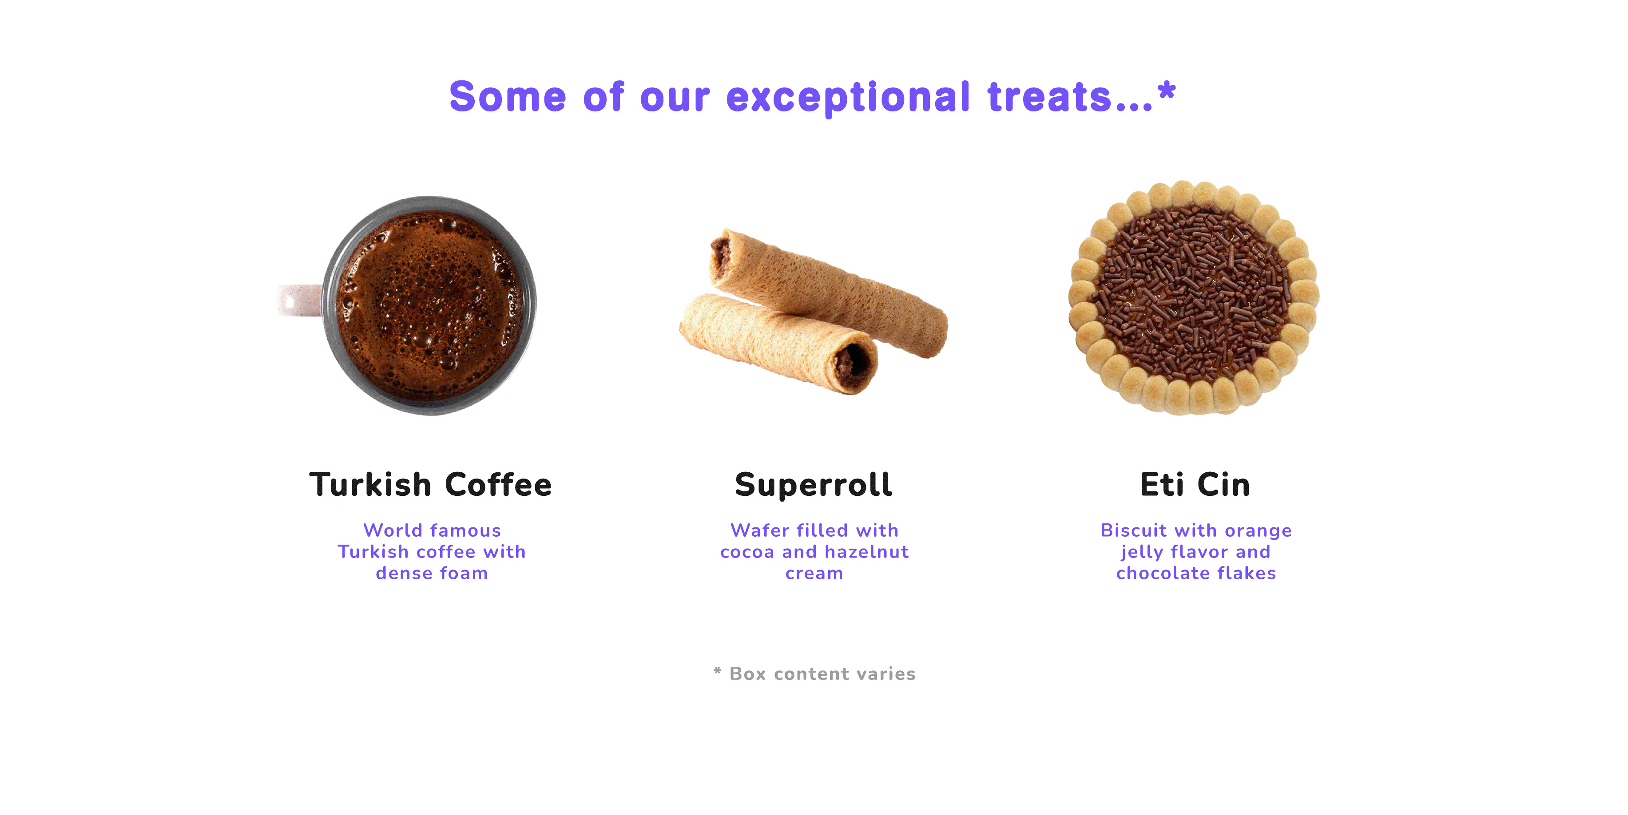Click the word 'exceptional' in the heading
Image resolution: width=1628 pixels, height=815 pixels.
[x=848, y=98]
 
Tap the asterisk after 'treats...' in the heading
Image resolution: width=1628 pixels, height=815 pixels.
[x=1166, y=91]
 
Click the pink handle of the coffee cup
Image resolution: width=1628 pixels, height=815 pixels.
[x=299, y=300]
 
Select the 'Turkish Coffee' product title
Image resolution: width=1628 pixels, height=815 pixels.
[x=430, y=485]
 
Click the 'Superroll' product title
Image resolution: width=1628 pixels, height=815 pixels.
[x=814, y=485]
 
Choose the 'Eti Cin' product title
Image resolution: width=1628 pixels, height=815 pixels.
[x=1195, y=485]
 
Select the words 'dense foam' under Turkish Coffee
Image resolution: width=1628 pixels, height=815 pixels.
[x=432, y=573]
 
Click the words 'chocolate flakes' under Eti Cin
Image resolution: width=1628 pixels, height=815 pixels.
[x=1196, y=573]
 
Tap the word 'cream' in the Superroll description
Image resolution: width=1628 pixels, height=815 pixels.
[x=814, y=574]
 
